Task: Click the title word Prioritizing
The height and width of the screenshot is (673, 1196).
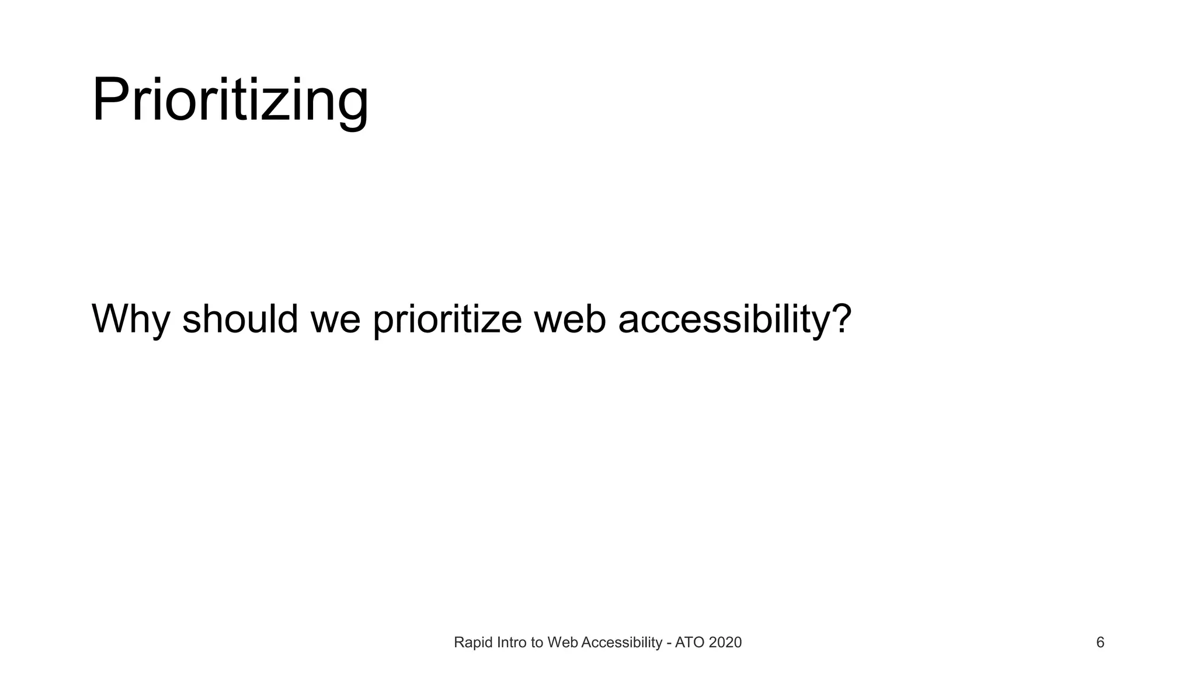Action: click(230, 100)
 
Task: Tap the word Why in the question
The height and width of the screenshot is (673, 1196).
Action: click(130, 320)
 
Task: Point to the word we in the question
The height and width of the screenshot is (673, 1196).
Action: click(335, 320)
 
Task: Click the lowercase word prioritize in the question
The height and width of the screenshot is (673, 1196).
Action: click(447, 320)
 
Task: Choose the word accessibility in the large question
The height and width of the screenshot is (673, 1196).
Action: click(723, 320)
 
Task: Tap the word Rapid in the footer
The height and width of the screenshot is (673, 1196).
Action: click(472, 643)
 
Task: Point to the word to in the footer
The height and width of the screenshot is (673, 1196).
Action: click(537, 643)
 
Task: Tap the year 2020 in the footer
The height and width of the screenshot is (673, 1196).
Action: click(725, 643)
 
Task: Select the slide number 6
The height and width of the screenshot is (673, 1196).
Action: click(1100, 643)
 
